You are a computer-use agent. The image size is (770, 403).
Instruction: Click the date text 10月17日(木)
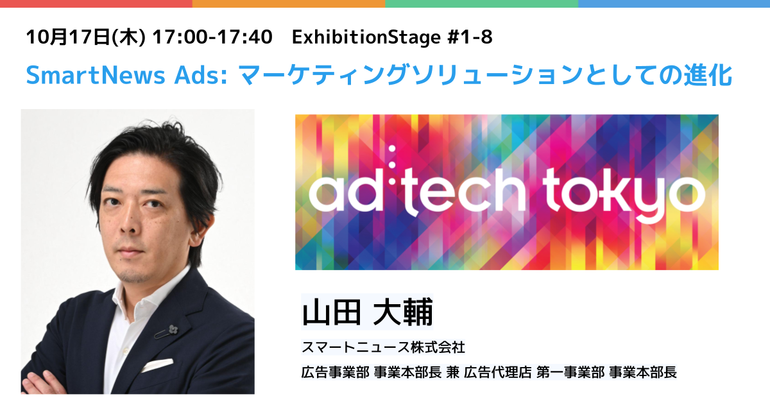pyautogui.click(x=86, y=37)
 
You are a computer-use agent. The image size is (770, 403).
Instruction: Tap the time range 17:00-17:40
pyautogui.click(x=212, y=37)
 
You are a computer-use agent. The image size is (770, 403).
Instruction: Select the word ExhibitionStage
pyautogui.click(x=366, y=37)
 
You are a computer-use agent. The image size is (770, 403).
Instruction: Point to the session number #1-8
pyautogui.click(x=470, y=37)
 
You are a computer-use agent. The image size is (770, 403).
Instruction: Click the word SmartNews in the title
pyautogui.click(x=96, y=75)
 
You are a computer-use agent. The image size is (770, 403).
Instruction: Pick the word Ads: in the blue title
pyautogui.click(x=201, y=75)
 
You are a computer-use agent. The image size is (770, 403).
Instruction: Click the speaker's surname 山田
pyautogui.click(x=331, y=313)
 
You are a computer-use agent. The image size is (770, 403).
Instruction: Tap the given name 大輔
pyautogui.click(x=403, y=313)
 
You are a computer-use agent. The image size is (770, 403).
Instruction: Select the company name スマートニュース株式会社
pyautogui.click(x=383, y=347)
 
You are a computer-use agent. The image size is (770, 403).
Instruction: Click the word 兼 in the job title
pyautogui.click(x=453, y=372)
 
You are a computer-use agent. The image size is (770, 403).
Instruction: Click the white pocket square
pyautogui.click(x=157, y=365)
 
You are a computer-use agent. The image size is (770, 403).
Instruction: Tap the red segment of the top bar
pyautogui.click(x=96, y=3)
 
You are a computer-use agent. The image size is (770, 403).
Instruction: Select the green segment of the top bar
pyautogui.click(x=482, y=3)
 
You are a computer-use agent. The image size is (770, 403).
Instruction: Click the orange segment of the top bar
pyautogui.click(x=289, y=3)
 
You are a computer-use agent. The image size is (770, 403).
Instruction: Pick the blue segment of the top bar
pyautogui.click(x=674, y=3)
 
